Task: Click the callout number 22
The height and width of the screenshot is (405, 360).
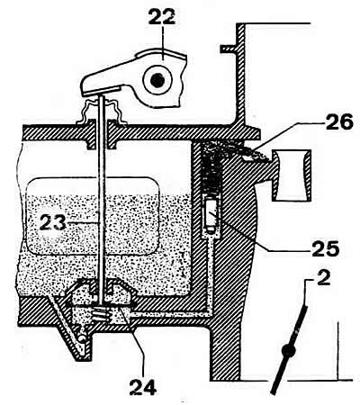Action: coord(162,16)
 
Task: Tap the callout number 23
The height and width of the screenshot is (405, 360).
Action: coord(53,222)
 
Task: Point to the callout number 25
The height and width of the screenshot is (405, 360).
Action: coord(326,248)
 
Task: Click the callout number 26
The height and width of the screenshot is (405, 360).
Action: coord(339,122)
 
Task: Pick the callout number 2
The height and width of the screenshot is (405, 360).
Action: coord(323,278)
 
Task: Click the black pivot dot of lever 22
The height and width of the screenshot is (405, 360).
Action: coord(157,80)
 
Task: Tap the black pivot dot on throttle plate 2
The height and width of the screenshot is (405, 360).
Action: coord(289,350)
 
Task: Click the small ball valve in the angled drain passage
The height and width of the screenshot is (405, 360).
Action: coord(81,338)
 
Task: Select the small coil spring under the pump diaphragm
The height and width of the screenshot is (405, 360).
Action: coord(100,315)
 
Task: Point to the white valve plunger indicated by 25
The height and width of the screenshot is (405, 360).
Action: coord(212,215)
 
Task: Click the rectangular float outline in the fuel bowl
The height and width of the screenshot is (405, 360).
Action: coord(93,216)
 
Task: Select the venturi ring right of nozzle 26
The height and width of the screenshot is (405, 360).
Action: coord(292,176)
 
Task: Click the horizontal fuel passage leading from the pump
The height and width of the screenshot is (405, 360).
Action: coord(168,314)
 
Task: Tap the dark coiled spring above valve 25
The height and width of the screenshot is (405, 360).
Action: coord(212,174)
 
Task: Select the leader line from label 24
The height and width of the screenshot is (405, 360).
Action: coord(136,343)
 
